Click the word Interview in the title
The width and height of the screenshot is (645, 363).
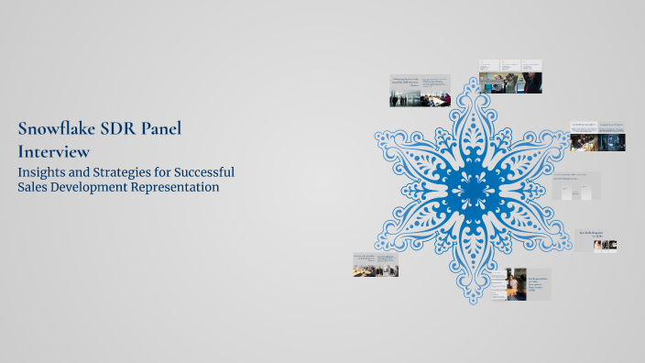pos(53,150)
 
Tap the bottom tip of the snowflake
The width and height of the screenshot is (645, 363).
pos(473,302)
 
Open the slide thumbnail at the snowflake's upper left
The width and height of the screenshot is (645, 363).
pos(420,90)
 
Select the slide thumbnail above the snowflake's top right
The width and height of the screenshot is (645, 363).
pos(509,77)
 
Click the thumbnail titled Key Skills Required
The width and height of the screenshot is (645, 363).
pos(597,240)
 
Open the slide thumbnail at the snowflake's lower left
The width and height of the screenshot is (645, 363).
pos(376,265)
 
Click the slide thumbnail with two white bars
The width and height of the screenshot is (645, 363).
pos(576,186)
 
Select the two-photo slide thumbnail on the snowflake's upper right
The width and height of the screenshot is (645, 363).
pos(597,136)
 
